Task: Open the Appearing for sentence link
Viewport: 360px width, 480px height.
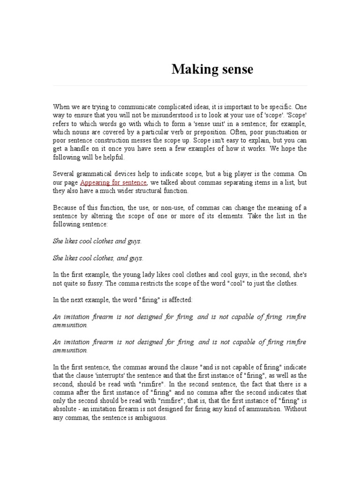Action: tap(114, 182)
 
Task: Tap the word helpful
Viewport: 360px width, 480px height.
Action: tap(110, 157)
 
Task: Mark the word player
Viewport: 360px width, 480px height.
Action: tap(239, 174)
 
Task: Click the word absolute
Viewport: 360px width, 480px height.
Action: tap(66, 409)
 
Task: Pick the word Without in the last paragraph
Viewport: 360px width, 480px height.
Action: tap(296, 409)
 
